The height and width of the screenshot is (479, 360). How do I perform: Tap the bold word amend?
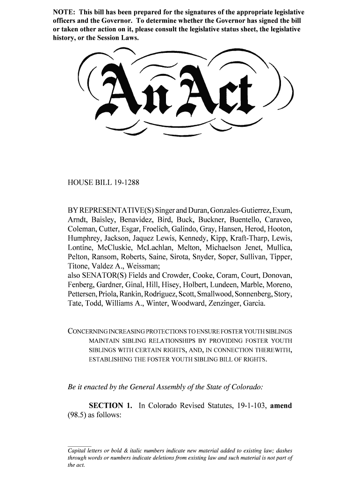pyautogui.click(x=281, y=406)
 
